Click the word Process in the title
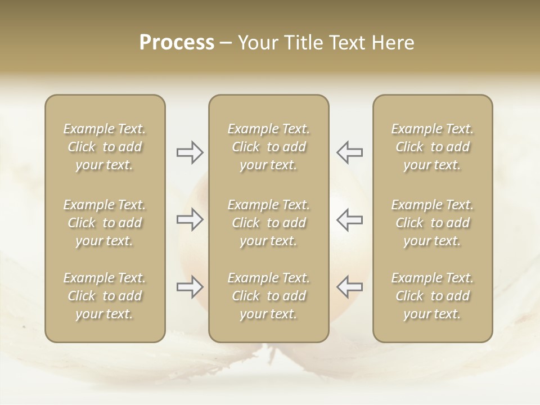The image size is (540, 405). click(x=177, y=43)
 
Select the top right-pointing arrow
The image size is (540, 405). click(x=190, y=152)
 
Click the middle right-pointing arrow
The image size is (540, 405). click(x=190, y=219)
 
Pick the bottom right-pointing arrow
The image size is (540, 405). click(x=190, y=287)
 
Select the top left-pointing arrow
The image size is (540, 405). click(x=350, y=152)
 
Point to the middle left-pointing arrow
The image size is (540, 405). click(x=350, y=219)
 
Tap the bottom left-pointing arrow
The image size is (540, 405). click(x=350, y=287)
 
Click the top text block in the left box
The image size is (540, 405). click(x=105, y=147)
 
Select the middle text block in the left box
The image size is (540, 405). click(x=105, y=223)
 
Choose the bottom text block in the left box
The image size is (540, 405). click(x=105, y=296)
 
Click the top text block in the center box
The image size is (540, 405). click(x=268, y=147)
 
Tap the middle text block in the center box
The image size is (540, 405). click(x=268, y=223)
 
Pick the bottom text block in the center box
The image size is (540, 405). click(x=268, y=296)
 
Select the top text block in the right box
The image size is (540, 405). click(x=432, y=147)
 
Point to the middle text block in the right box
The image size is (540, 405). click(x=432, y=223)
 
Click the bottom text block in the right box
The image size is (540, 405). click(x=432, y=296)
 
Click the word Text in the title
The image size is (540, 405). click(x=345, y=43)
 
